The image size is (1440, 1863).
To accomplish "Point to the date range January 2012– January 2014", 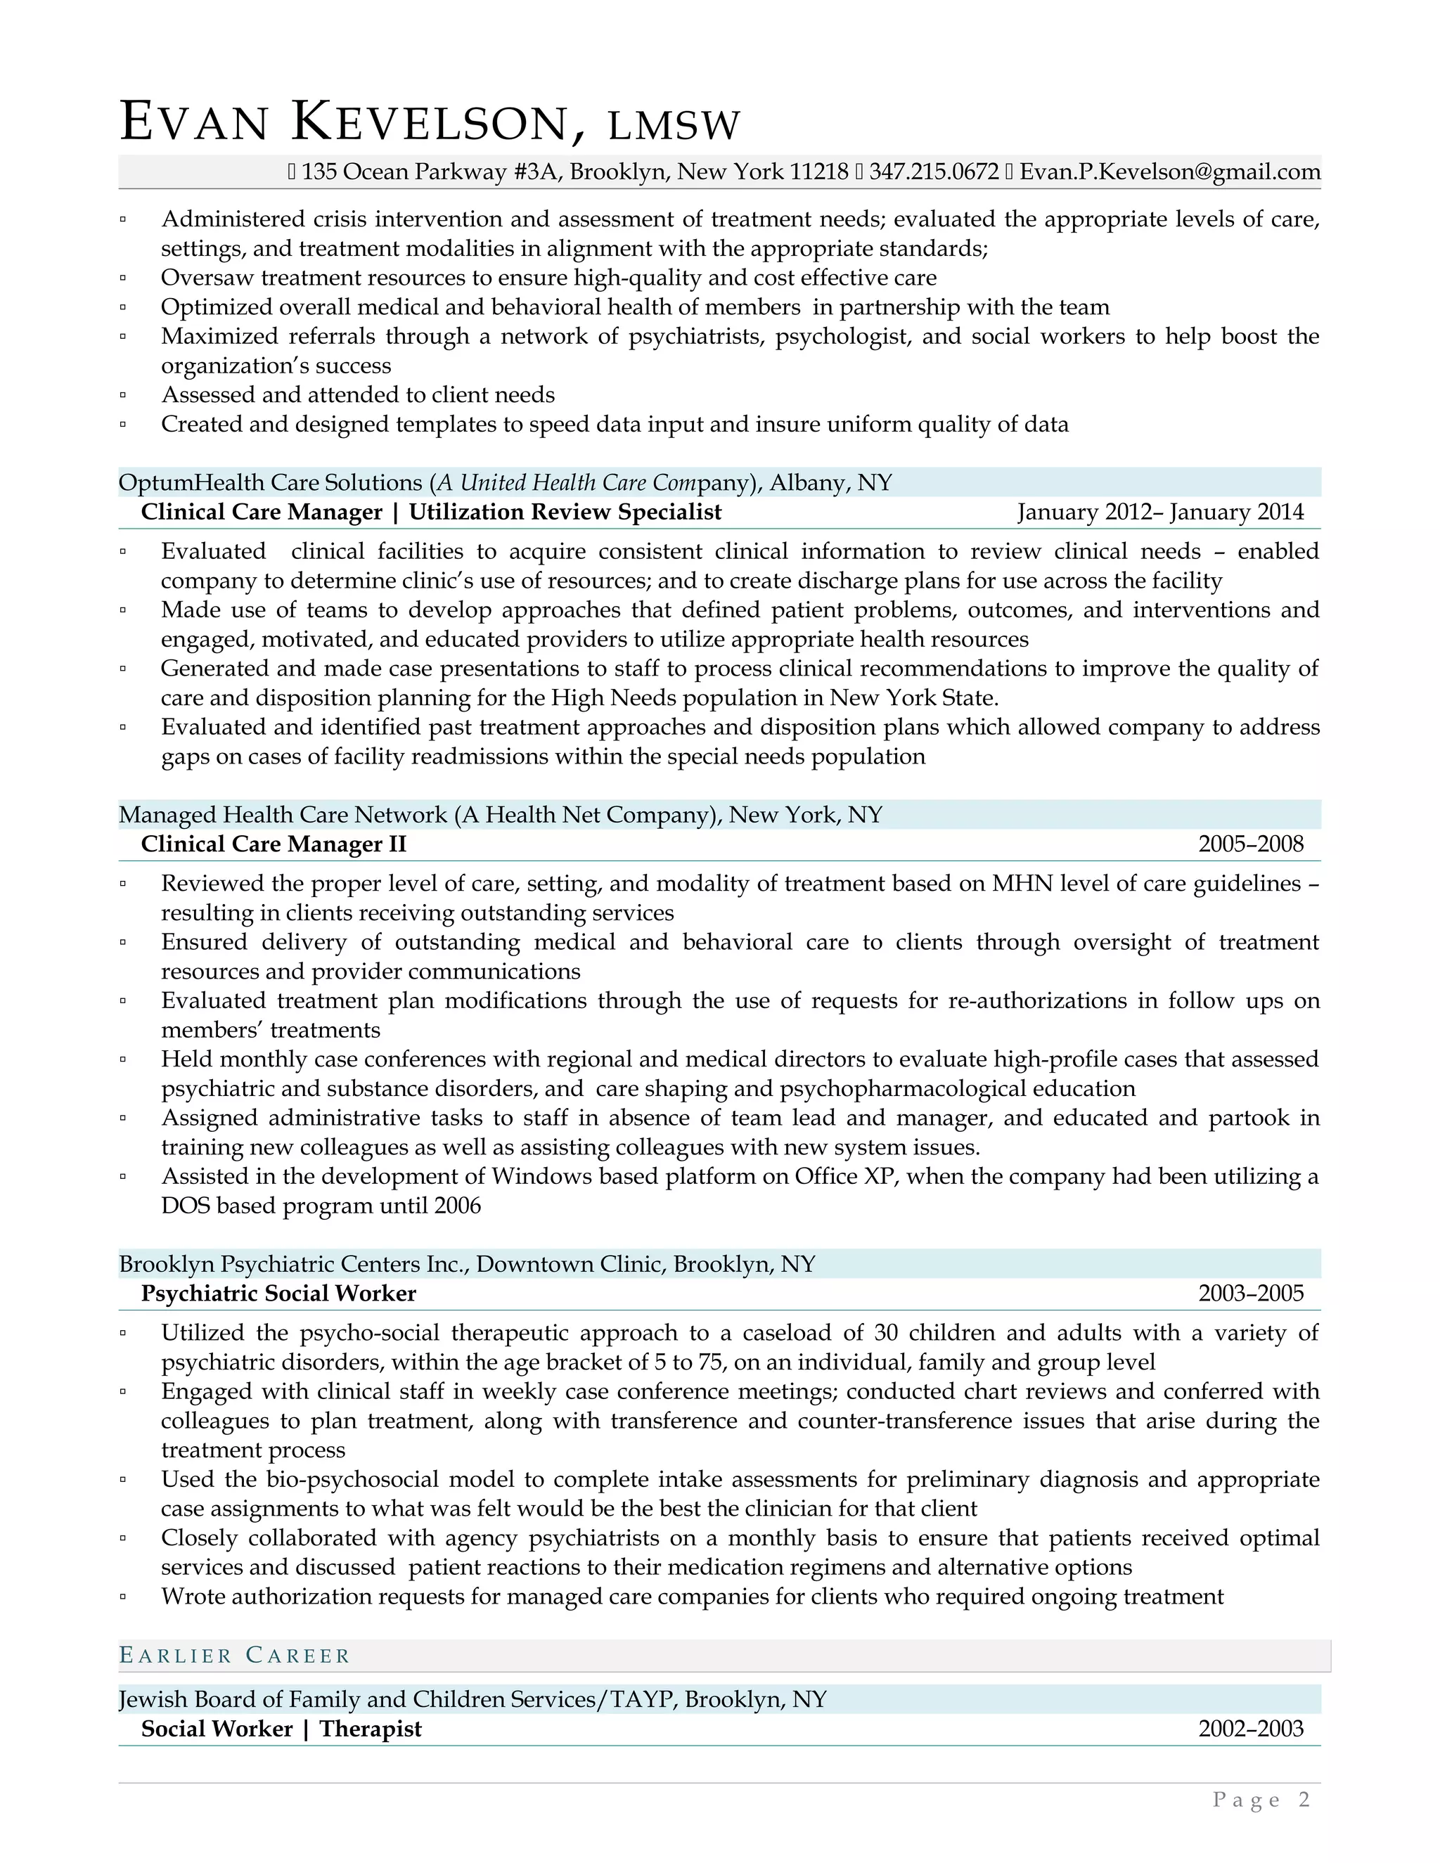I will [x=1160, y=512].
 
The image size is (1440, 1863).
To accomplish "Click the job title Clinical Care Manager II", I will [x=274, y=844].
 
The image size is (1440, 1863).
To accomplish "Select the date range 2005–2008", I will [x=1251, y=844].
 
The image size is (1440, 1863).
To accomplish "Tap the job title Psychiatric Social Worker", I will [x=279, y=1294].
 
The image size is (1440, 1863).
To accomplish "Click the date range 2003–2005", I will [x=1251, y=1294].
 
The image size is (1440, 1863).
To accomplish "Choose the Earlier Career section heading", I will [x=235, y=1656].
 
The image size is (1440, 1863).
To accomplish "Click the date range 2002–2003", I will [x=1251, y=1729].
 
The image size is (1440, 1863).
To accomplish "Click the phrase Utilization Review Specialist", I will [x=565, y=512].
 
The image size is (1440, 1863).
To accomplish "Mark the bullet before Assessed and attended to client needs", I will [x=124, y=396].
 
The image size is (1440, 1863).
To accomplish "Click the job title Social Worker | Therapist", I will [x=281, y=1729].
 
